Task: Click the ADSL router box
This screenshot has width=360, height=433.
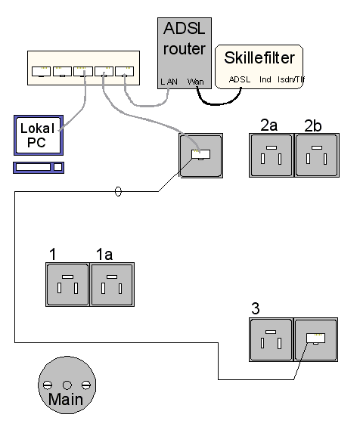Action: click(185, 54)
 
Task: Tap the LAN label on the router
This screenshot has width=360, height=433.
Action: click(169, 82)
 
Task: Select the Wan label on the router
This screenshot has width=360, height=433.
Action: click(196, 82)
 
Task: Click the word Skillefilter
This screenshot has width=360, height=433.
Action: click(259, 57)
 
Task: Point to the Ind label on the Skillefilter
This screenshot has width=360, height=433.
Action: click(265, 79)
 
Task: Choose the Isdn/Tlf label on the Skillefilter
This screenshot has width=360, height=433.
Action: click(290, 79)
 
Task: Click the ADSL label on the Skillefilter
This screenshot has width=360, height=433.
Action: click(240, 79)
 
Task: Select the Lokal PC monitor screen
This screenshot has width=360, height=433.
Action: click(39, 135)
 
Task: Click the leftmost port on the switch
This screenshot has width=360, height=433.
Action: click(41, 71)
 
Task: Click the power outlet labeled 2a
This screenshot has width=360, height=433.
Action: click(271, 155)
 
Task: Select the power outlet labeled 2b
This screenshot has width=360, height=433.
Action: click(317, 155)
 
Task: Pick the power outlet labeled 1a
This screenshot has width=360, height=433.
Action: click(112, 284)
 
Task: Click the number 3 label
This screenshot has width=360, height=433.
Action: click(256, 308)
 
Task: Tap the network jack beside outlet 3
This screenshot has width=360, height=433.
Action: click(316, 339)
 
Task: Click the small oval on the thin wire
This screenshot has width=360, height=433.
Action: click(118, 191)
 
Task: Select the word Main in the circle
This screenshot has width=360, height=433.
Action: click(66, 399)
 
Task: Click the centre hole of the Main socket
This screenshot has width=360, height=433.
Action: click(67, 385)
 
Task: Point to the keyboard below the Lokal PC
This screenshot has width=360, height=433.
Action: click(39, 168)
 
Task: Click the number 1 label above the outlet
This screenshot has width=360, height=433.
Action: click(53, 254)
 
